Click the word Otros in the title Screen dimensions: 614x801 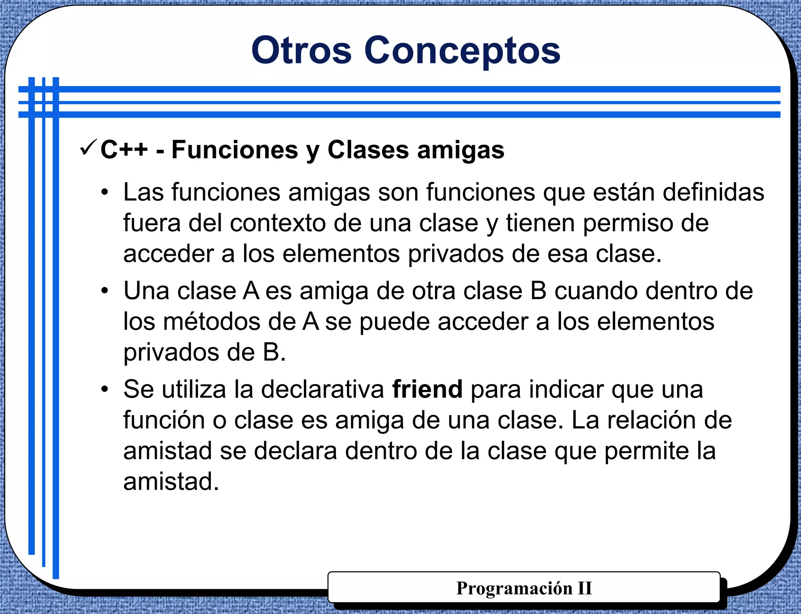coord(301,50)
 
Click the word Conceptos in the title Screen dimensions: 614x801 coord(462,50)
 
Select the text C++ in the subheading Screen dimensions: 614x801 coord(124,150)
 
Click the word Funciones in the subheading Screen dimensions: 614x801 coord(235,150)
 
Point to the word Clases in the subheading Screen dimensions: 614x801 coord(368,150)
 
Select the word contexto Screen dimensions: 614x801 coord(278,223)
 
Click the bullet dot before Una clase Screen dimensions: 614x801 coord(104,291)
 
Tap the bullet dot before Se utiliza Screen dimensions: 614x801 coord(104,390)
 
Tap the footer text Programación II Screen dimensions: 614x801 coord(524,588)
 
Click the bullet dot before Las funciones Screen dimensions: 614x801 coord(104,192)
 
